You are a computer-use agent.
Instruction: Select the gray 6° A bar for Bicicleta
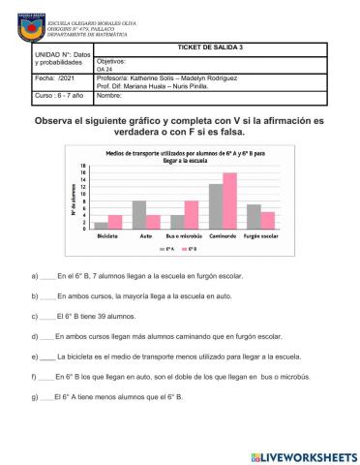[102, 224]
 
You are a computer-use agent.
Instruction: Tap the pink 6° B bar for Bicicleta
[115, 221]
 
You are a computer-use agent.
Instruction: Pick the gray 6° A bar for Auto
[139, 213]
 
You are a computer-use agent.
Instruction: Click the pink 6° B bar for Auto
[153, 221]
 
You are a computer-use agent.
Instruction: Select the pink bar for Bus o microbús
[192, 213]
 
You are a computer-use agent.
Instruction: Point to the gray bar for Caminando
[216, 204]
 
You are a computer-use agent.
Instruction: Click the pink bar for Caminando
[230, 200]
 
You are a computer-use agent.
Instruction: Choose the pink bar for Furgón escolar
[268, 219]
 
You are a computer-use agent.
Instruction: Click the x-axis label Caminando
[223, 235]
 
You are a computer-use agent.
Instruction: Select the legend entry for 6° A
[169, 248]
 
